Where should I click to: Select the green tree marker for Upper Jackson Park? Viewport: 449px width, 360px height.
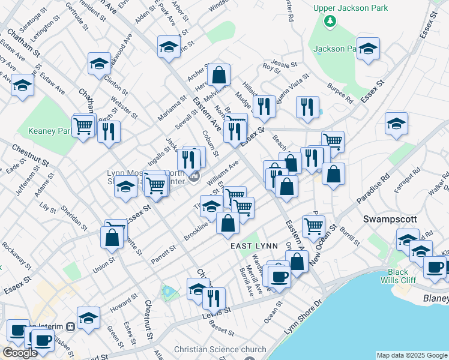coord(329,22)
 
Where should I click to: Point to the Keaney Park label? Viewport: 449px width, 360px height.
coord(50,131)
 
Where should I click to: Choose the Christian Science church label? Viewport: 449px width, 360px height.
coord(220,349)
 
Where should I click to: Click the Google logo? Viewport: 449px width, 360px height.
coord(20,353)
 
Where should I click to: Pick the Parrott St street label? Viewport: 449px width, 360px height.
coord(163,249)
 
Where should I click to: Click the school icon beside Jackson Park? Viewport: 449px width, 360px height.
coord(367,49)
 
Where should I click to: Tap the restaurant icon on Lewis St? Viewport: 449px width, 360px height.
coord(214,298)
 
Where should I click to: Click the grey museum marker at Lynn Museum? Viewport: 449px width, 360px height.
coord(194,176)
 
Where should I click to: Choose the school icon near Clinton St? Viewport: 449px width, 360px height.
coord(100,64)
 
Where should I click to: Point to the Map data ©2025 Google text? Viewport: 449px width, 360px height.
coord(411,355)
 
